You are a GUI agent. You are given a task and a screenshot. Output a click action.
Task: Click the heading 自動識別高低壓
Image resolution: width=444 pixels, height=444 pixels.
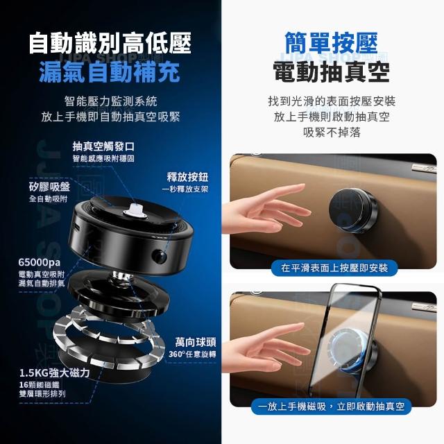click(110, 43)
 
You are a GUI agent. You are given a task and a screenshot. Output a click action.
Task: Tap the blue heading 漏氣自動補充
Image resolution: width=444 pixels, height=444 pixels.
click(110, 72)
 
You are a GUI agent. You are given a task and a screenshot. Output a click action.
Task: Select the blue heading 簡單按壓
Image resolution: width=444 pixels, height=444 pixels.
click(332, 43)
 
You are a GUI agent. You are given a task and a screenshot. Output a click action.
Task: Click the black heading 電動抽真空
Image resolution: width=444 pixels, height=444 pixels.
click(332, 72)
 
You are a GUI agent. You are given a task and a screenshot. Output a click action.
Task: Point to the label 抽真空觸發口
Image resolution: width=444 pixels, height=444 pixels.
click(103, 146)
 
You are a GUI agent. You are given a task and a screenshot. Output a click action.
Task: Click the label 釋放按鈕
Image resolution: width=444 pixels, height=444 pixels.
click(187, 178)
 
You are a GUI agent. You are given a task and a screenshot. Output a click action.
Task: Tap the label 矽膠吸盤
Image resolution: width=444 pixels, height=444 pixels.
click(49, 187)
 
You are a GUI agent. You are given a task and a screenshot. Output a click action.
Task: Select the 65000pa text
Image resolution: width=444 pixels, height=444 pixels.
click(40, 262)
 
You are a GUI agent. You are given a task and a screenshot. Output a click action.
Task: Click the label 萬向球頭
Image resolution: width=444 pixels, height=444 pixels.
click(196, 342)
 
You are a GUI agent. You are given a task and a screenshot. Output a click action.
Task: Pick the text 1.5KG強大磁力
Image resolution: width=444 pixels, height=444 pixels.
click(54, 373)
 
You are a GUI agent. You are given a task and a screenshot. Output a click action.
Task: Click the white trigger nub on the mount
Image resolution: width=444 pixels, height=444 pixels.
click(135, 211)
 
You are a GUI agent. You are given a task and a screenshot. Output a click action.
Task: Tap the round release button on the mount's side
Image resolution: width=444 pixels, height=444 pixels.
click(159, 256)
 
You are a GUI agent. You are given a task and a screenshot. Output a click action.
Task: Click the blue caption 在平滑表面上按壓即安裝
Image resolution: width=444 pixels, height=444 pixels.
click(334, 268)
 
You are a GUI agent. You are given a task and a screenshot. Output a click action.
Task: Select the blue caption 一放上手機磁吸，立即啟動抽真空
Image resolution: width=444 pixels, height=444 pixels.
click(331, 407)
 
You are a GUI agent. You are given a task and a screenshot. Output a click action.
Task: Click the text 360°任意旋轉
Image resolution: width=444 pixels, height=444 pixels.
click(192, 355)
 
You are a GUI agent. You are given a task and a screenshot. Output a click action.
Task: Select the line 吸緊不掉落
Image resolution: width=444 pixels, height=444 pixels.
click(332, 133)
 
